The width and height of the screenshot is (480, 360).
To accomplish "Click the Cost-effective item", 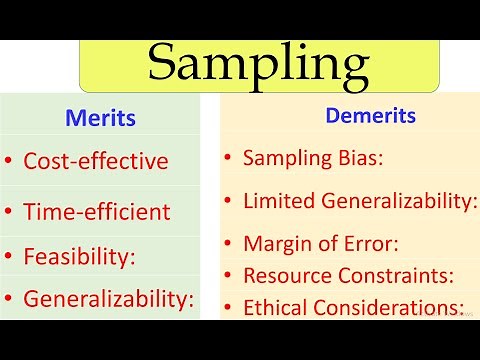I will point(96,160).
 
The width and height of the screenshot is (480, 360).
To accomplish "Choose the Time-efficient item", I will point(97,211).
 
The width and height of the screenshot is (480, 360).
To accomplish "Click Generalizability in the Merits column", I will point(108,298).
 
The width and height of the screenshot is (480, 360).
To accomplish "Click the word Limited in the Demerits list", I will point(279,201).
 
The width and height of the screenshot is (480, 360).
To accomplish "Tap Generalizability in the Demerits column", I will point(398,201).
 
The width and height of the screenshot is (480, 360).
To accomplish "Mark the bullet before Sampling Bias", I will point(228,158).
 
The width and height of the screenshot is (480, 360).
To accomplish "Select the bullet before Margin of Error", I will point(228,244).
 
